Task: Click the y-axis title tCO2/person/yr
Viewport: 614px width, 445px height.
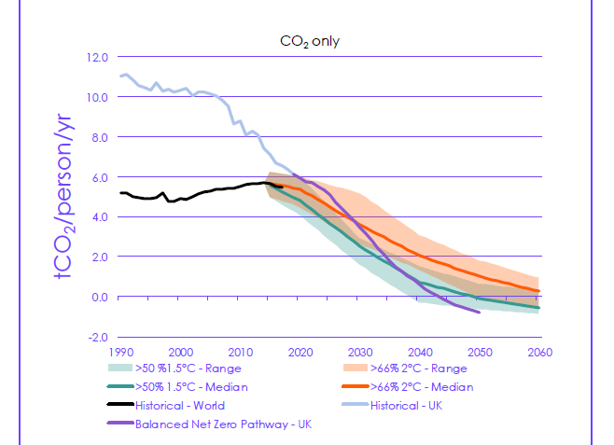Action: point(63,196)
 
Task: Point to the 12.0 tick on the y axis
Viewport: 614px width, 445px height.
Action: point(98,57)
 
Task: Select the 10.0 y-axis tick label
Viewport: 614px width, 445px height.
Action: point(98,97)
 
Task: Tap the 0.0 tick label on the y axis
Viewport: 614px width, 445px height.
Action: point(100,297)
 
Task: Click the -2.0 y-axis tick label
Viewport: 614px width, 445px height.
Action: point(98,337)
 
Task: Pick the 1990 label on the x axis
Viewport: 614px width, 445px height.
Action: point(120,352)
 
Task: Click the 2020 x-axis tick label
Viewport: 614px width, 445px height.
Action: point(300,352)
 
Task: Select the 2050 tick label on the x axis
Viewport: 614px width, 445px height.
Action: point(480,352)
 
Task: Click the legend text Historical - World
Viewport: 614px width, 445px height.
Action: point(180,406)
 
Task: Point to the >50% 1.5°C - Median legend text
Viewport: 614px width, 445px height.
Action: point(192,387)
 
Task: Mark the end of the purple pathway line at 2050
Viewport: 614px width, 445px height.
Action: point(480,312)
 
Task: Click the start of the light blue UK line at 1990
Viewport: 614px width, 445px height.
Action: point(120,76)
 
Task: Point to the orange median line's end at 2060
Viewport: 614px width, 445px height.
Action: point(539,291)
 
